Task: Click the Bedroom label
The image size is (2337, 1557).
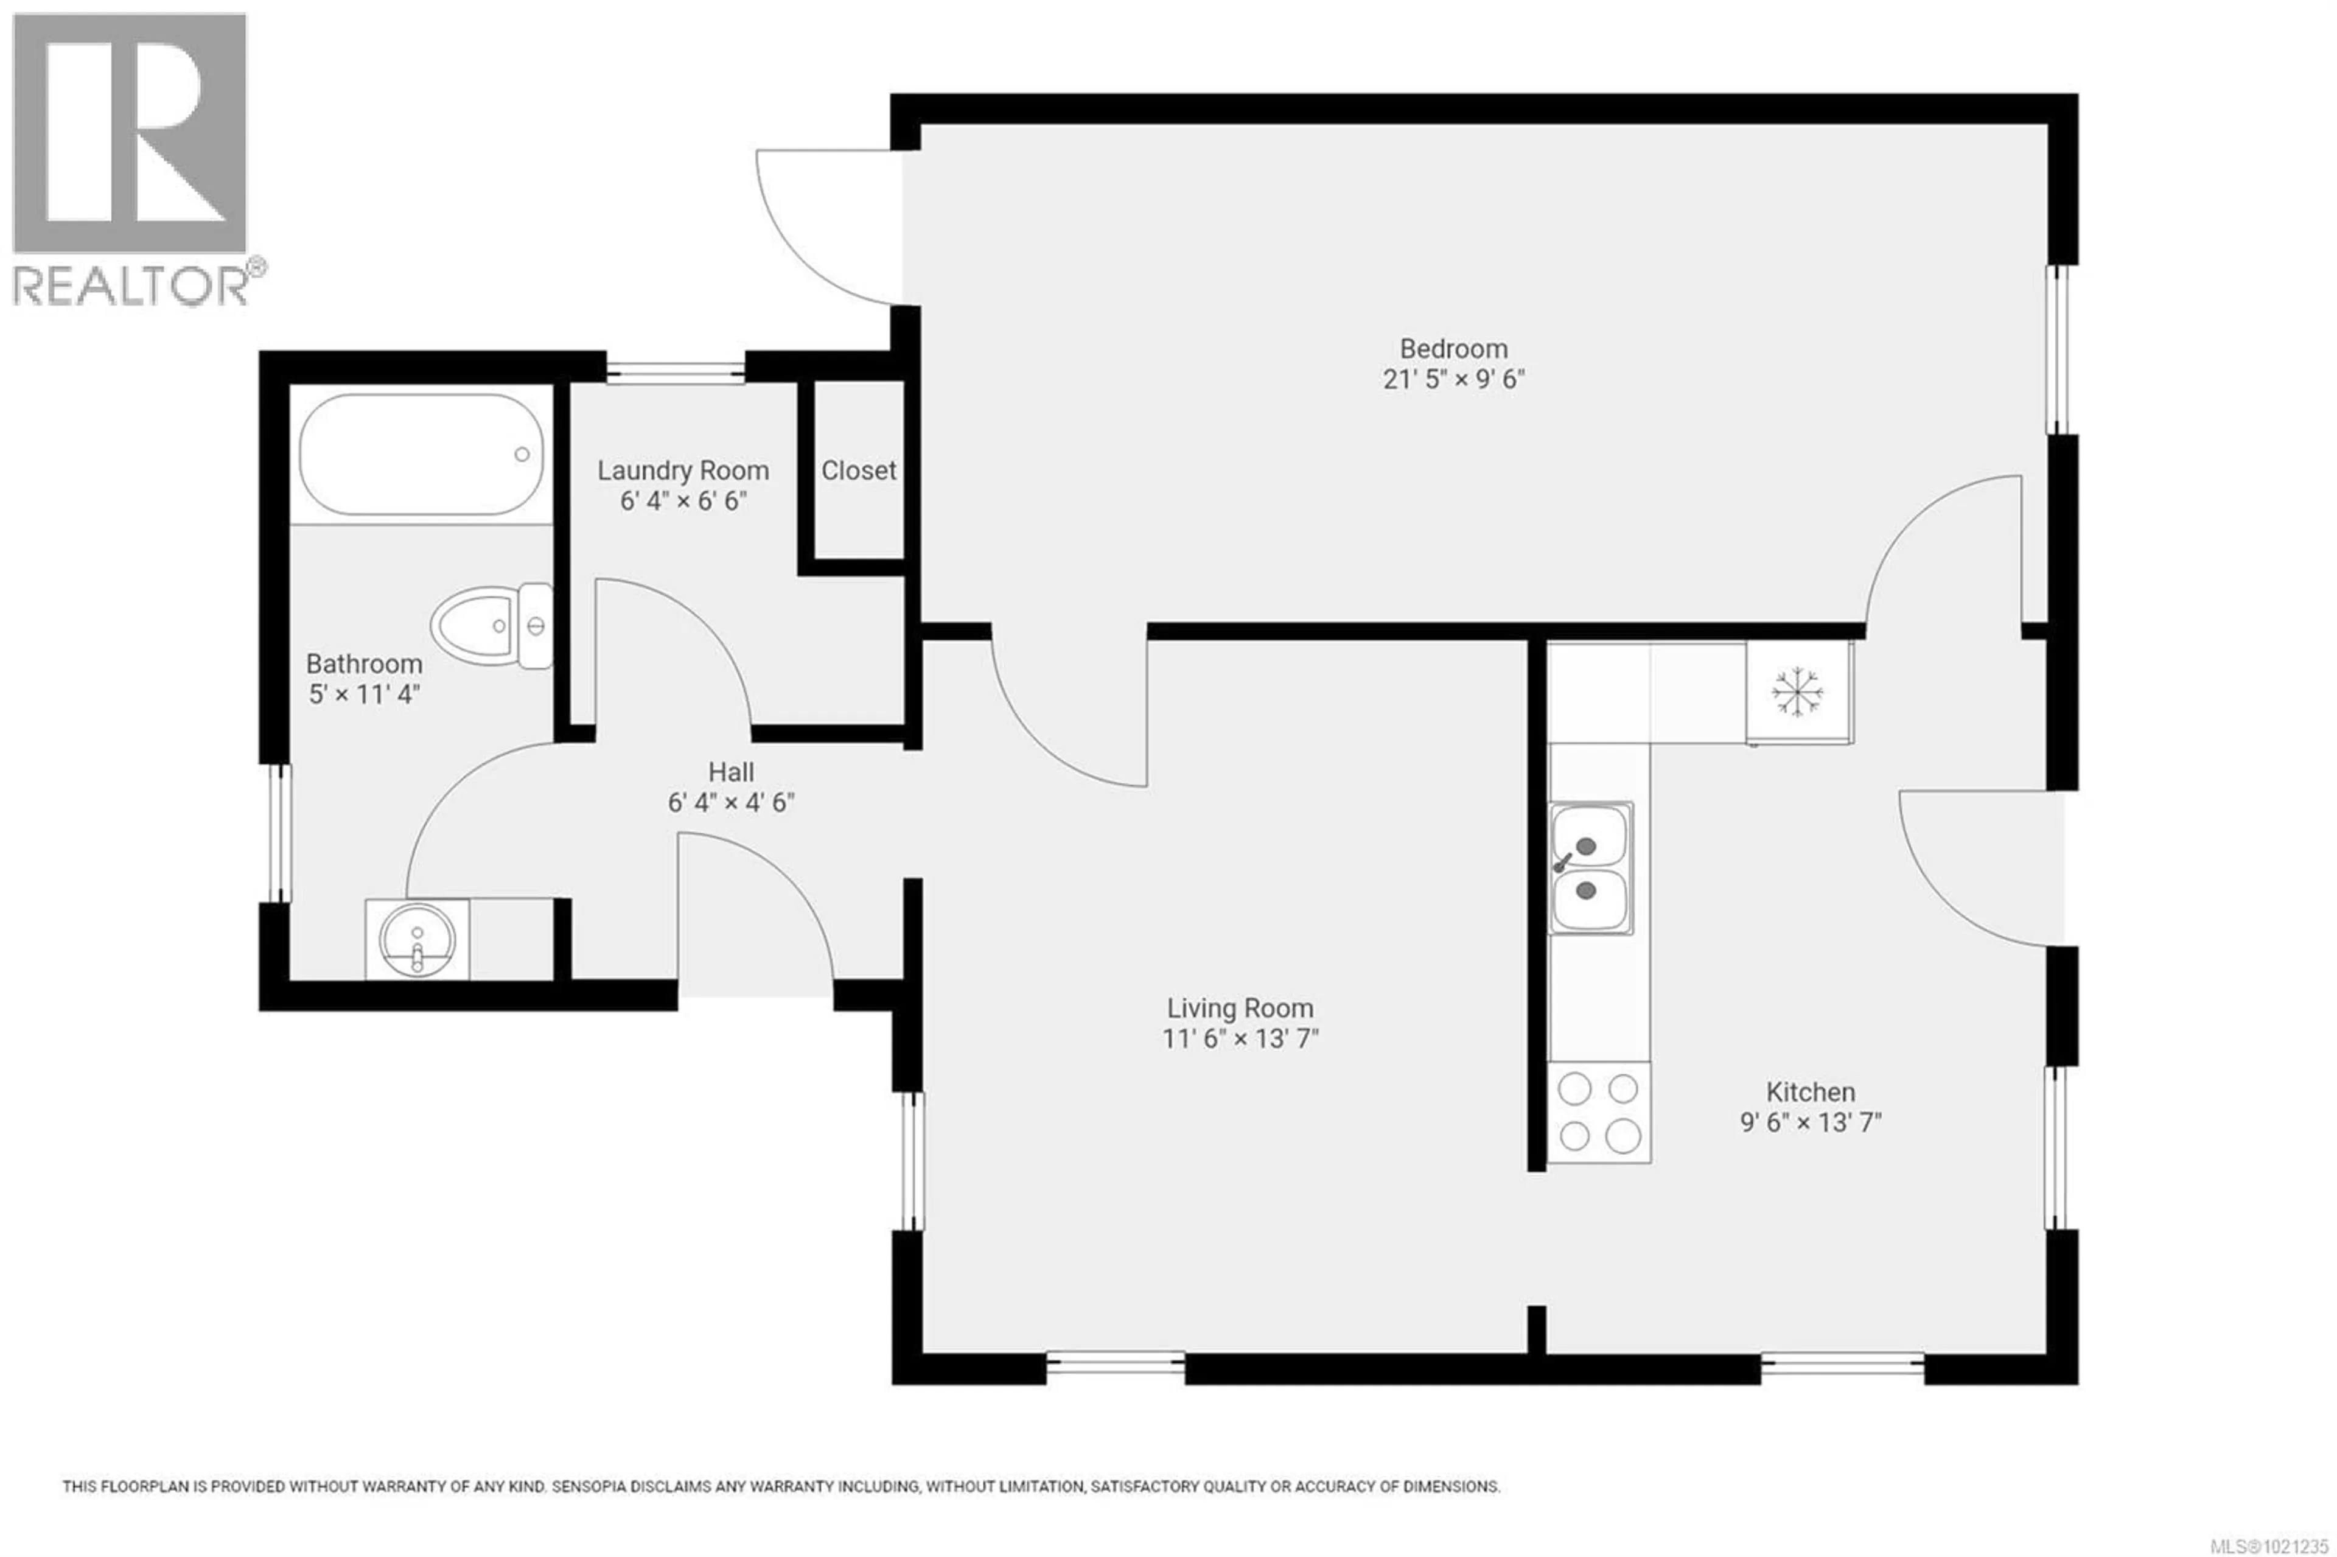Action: point(1453,349)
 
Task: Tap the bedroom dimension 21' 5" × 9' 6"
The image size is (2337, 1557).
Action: point(1453,379)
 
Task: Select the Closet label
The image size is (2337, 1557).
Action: point(858,471)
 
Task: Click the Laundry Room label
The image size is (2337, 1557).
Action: point(683,471)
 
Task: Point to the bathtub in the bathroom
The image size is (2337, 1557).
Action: point(422,455)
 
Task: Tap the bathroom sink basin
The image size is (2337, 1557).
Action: point(417,939)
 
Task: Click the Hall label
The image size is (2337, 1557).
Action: point(731,772)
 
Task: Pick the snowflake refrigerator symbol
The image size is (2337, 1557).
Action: point(1798,692)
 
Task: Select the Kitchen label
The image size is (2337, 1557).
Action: point(1810,1093)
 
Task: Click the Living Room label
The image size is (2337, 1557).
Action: point(1239,1008)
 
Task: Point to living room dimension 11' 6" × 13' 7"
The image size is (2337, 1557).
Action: point(1239,1038)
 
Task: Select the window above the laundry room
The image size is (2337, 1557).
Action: point(675,373)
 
